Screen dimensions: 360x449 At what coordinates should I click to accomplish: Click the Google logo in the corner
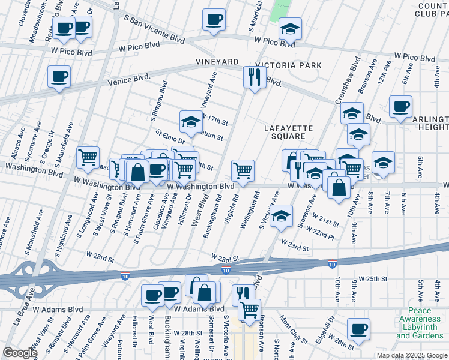click(x=19, y=353)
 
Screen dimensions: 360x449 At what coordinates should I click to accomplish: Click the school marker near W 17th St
click(x=191, y=121)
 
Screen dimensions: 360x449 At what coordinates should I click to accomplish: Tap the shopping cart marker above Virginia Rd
click(x=243, y=170)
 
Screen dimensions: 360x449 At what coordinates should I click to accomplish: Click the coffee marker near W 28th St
click(x=359, y=329)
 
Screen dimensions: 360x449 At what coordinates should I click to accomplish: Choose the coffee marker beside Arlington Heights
click(x=400, y=106)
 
